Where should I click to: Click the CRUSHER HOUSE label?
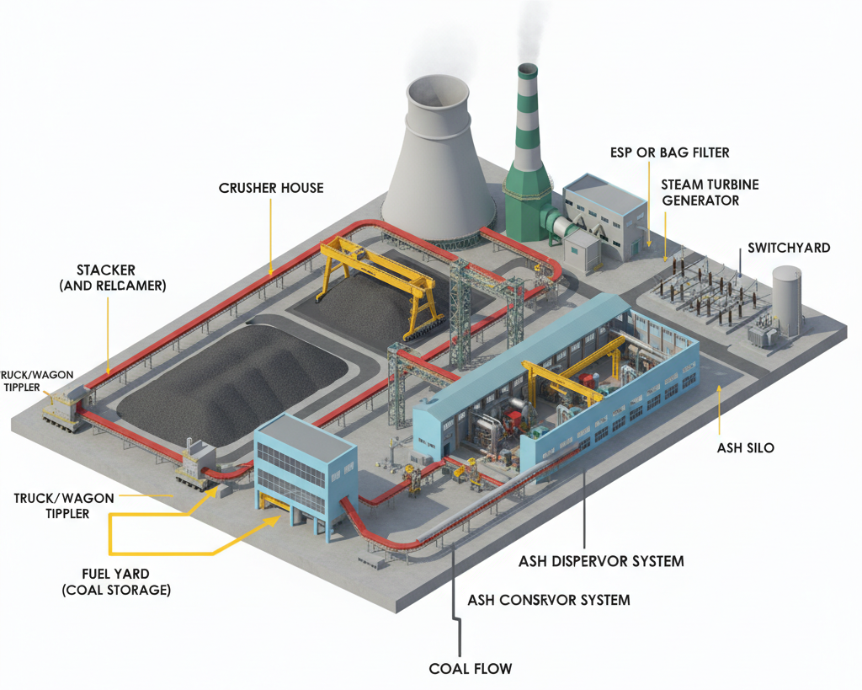point(271,187)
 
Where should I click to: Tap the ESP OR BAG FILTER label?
point(670,152)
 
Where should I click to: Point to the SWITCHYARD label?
point(789,248)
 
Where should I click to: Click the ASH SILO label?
point(745,447)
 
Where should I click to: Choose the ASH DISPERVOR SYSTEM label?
point(601,560)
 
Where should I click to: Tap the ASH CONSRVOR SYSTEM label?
point(548,600)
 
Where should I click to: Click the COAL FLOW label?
point(470,668)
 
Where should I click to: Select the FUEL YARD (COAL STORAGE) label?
point(116,581)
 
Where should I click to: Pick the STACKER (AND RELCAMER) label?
point(113,278)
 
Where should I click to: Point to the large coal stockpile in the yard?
point(231,379)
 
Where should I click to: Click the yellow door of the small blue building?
point(277,504)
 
